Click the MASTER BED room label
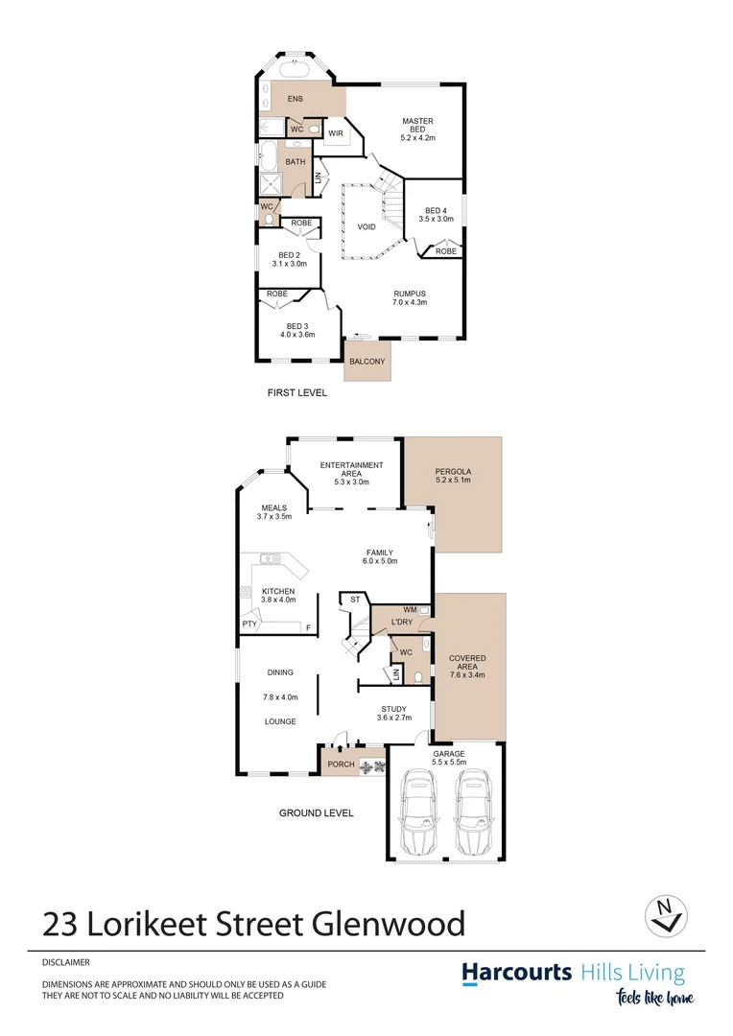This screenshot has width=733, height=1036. [418, 122]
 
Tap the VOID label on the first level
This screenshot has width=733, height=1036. [366, 227]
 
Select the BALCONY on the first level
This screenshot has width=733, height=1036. [367, 362]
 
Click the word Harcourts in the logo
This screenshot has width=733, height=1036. [517, 973]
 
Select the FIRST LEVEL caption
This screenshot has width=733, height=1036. [296, 392]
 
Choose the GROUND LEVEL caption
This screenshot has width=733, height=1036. [316, 812]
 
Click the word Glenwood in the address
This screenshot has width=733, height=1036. [390, 924]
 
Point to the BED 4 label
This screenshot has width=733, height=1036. [436, 211]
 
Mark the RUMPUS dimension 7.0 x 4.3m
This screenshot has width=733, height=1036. [409, 302]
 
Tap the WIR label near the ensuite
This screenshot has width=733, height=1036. [336, 133]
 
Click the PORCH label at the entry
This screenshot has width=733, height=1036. [341, 765]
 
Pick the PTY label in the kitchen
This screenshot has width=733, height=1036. [249, 624]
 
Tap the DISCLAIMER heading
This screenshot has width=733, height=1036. [66, 961]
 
